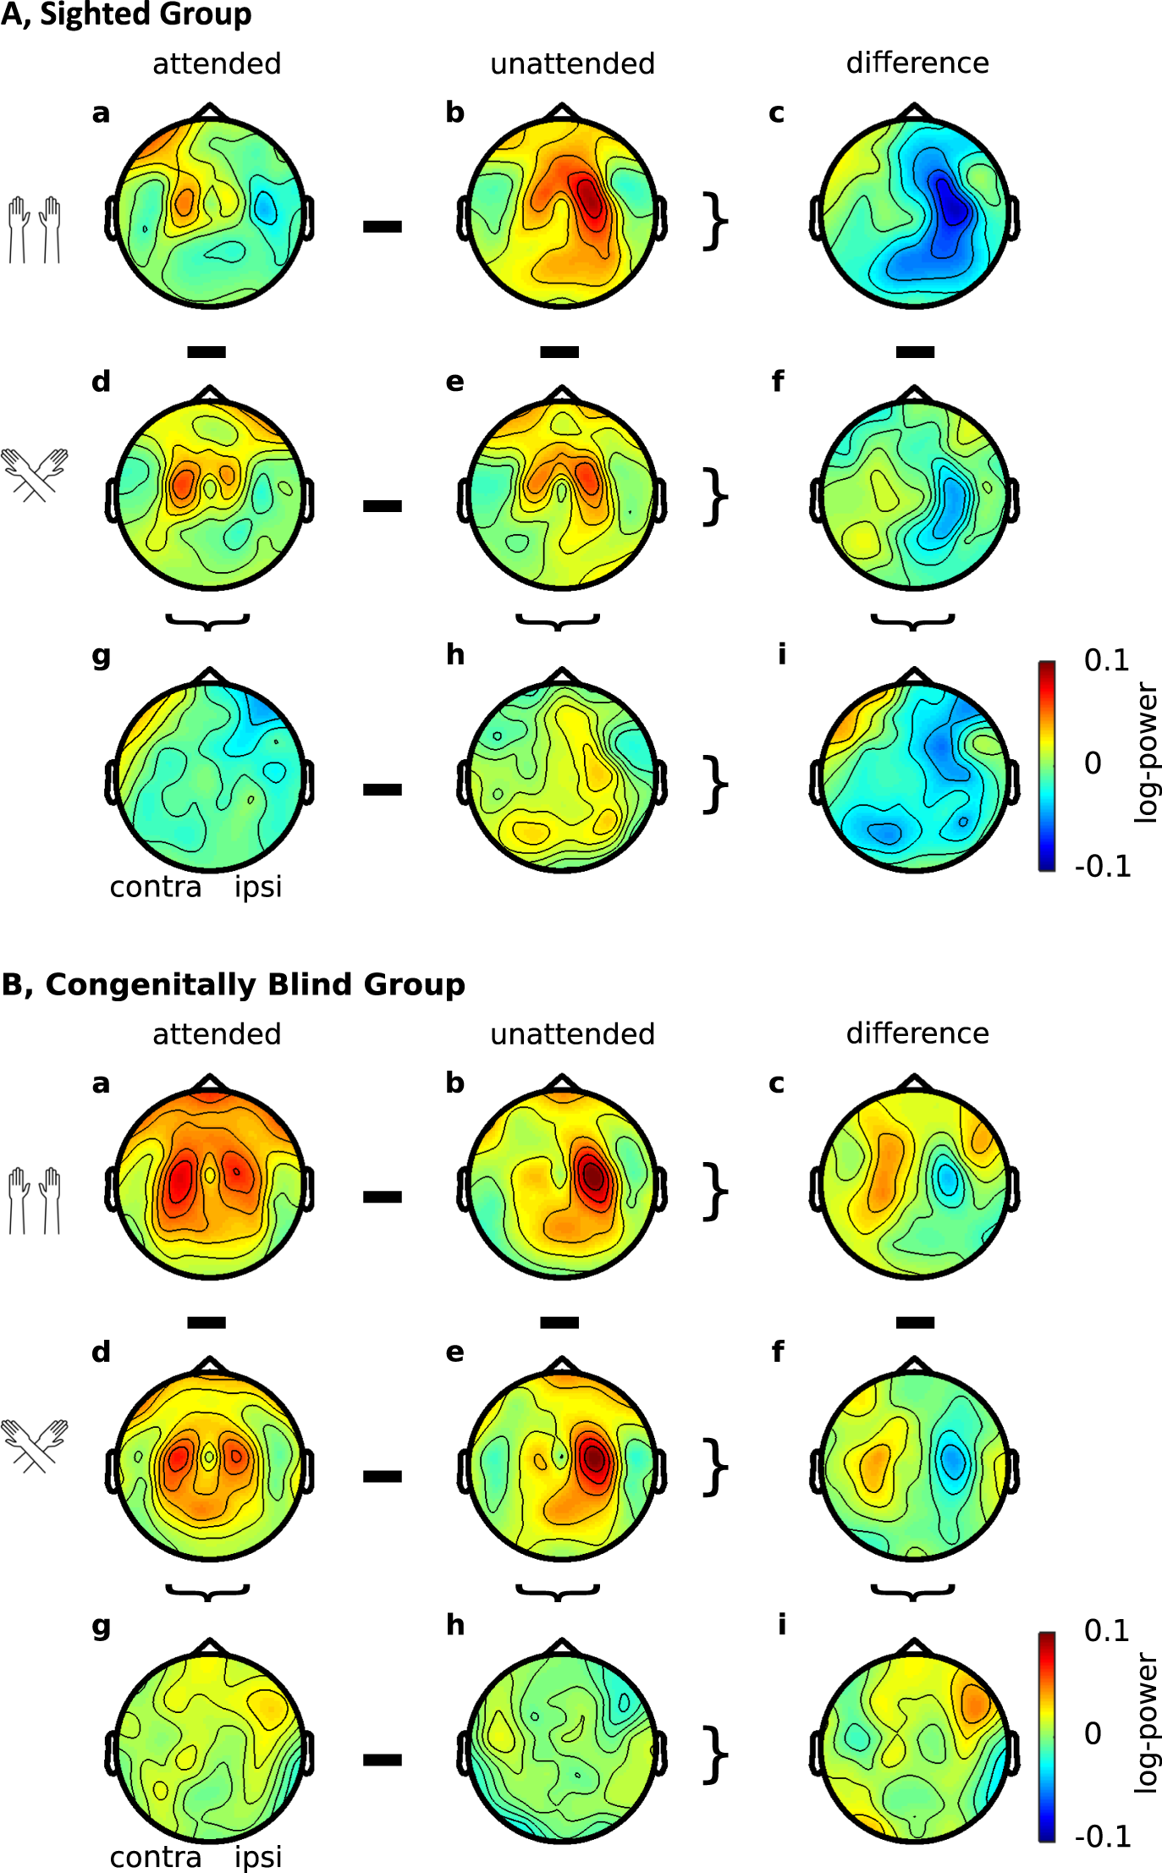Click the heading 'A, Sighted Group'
point(126,15)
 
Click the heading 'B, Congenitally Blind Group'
point(234,984)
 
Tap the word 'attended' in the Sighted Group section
point(217,64)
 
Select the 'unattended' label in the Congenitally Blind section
point(572,1034)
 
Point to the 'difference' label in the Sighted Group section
point(917,63)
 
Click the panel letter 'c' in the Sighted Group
point(776,113)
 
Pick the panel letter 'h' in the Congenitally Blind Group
point(455,1625)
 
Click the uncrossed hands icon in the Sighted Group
point(35,229)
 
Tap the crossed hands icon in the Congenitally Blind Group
point(35,1445)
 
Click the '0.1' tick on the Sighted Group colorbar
point(1106,661)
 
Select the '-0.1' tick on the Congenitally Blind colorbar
point(1103,1837)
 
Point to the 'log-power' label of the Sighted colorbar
point(1147,753)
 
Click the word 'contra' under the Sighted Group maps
point(156,887)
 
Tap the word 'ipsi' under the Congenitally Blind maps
point(258,1858)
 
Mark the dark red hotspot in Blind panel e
point(595,1457)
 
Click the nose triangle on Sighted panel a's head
point(209,111)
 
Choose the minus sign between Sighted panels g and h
point(383,790)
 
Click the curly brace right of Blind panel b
point(715,1192)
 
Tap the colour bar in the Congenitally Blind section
point(1047,1736)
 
